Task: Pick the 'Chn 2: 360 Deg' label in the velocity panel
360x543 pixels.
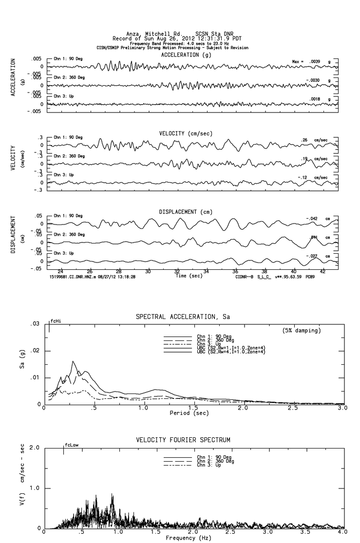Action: pyautogui.click(x=70, y=156)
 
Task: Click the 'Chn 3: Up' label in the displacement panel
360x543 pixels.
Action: pyautogui.click(x=64, y=253)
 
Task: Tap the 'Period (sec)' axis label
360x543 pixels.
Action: pyautogui.click(x=189, y=412)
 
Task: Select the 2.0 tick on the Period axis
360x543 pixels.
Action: pyautogui.click(x=242, y=408)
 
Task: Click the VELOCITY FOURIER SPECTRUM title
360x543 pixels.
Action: pyautogui.click(x=183, y=440)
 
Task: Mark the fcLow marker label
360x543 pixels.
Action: pyautogui.click(x=72, y=445)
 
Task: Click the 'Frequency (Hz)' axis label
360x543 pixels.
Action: pyautogui.click(x=189, y=538)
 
